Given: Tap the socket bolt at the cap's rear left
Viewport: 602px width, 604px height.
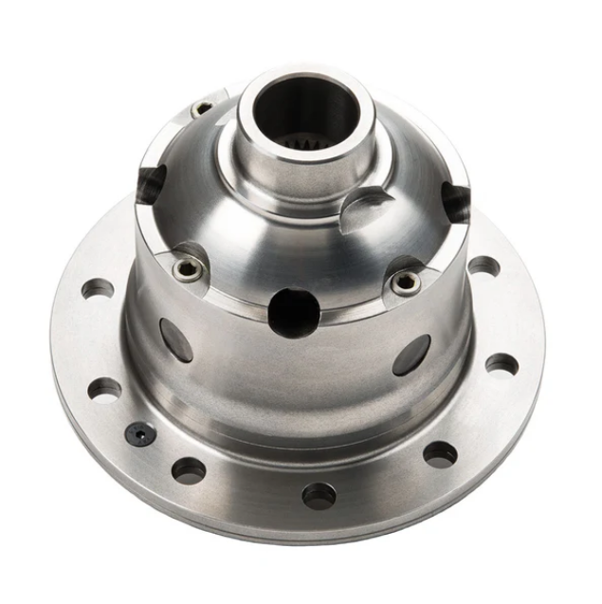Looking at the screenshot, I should [202, 110].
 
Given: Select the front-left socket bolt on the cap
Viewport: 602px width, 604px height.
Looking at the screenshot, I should [186, 268].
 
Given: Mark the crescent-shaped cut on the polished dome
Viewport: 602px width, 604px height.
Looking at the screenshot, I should [364, 207].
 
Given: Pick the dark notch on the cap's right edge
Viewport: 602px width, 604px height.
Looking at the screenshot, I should [456, 200].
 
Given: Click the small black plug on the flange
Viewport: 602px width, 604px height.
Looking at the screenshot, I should [140, 433].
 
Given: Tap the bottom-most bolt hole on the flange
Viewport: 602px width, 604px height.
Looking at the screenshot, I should [319, 494].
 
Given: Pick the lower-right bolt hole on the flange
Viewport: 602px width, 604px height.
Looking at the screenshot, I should [439, 453].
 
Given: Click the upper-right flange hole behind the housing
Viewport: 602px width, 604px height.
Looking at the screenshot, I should [483, 265].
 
